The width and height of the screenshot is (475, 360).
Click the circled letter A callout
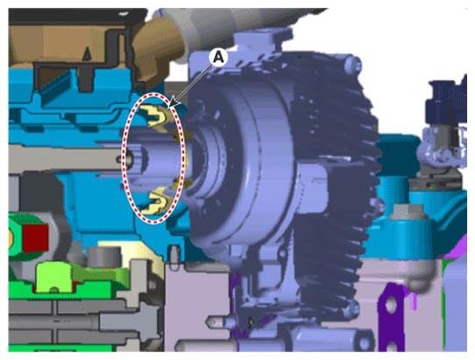point(219,57)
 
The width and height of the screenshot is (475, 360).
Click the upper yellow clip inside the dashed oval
point(156,117)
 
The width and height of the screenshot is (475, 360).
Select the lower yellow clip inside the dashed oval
point(158,199)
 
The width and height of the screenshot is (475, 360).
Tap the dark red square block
point(36,237)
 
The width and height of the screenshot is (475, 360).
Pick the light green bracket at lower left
point(54,277)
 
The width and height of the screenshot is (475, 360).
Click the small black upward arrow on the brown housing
point(87,53)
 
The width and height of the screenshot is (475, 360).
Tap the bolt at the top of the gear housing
point(353,64)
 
